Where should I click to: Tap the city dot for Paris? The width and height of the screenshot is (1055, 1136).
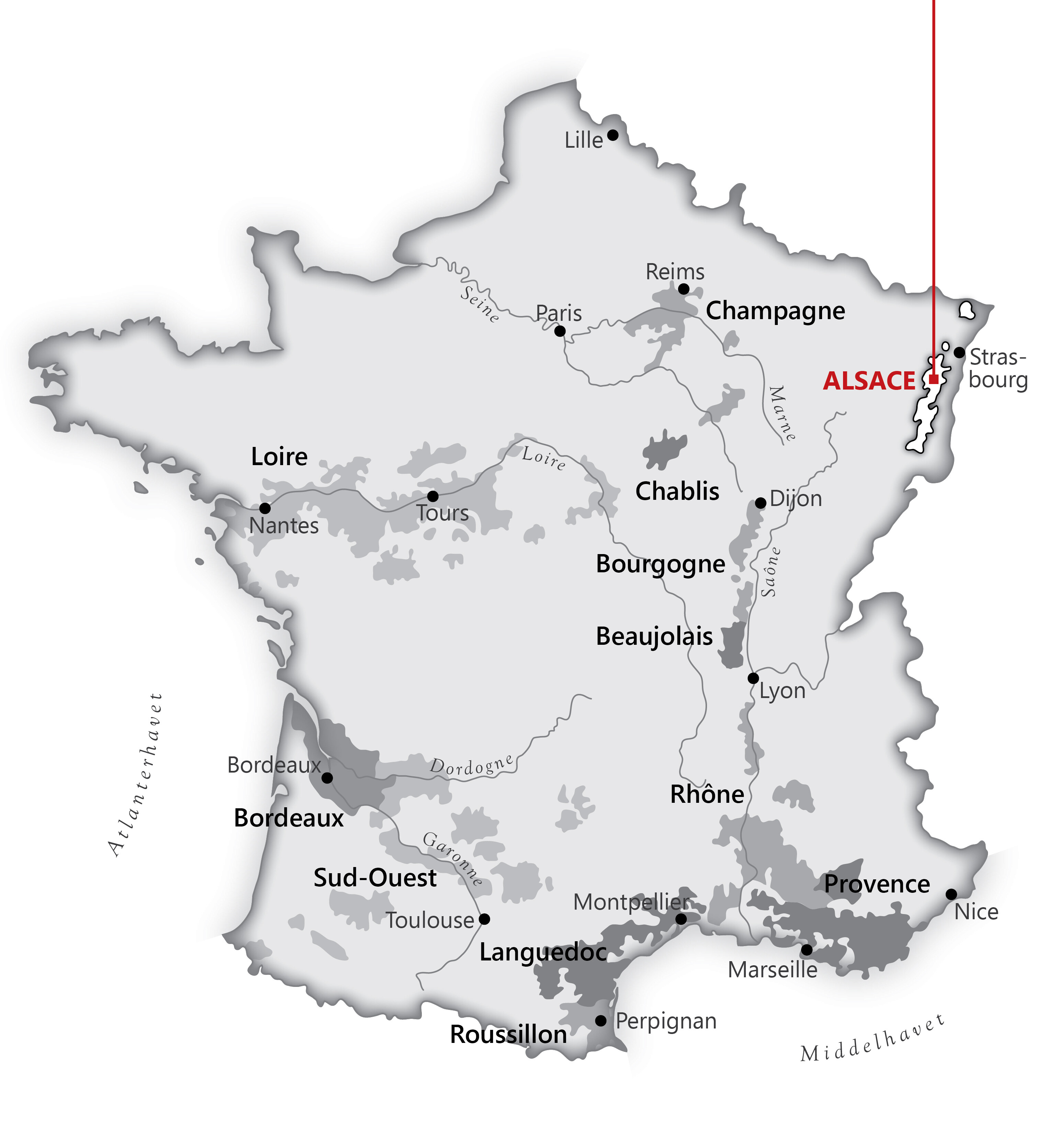point(560,331)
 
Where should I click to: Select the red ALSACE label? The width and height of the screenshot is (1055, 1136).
point(869,381)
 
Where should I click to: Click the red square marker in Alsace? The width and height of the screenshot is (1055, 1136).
point(934,379)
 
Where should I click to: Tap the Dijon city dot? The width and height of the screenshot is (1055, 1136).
point(761,503)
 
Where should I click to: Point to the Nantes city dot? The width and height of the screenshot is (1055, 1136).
point(265,508)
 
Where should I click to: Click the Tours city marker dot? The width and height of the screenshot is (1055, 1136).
point(433,496)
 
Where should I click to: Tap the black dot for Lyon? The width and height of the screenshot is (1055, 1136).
point(754,678)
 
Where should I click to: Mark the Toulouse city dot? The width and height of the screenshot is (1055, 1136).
point(485,919)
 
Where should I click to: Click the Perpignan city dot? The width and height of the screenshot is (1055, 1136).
point(601,1021)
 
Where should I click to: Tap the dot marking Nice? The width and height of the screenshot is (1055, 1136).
point(951,894)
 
